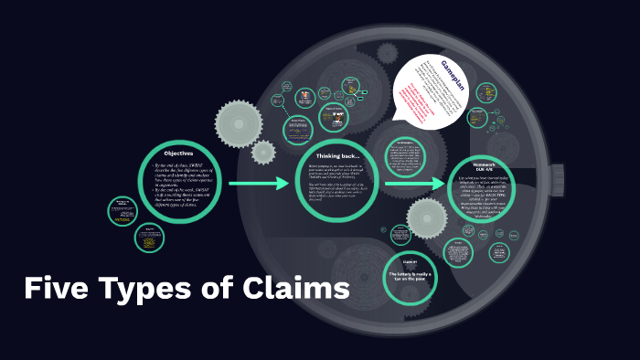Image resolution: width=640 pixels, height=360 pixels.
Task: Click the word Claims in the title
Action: pos(296,290)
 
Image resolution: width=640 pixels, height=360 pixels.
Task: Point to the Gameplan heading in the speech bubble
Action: pos(453,75)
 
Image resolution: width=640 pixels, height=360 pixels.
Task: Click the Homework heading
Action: pos(485,165)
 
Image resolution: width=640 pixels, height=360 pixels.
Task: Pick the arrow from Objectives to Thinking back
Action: pos(259,185)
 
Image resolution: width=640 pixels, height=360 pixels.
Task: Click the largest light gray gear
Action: pos(240,121)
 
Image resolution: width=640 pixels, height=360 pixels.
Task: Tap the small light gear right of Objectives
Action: pos(263,153)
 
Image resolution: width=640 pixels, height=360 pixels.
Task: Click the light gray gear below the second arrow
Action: pos(426,219)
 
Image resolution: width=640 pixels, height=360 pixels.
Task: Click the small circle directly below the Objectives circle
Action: pos(149,238)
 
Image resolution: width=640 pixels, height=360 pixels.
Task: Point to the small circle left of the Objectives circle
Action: pos(121,208)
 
